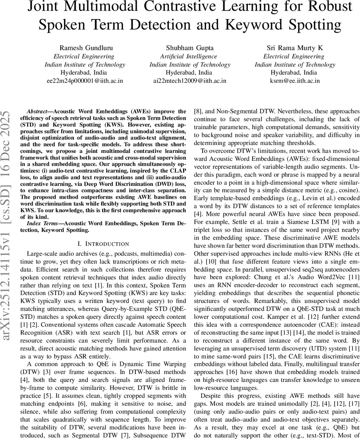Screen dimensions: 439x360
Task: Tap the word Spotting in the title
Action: point(312,25)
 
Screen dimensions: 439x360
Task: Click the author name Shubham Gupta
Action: point(190,48)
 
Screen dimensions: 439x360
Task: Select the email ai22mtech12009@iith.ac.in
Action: point(190,81)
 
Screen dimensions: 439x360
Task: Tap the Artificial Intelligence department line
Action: point(190,56)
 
